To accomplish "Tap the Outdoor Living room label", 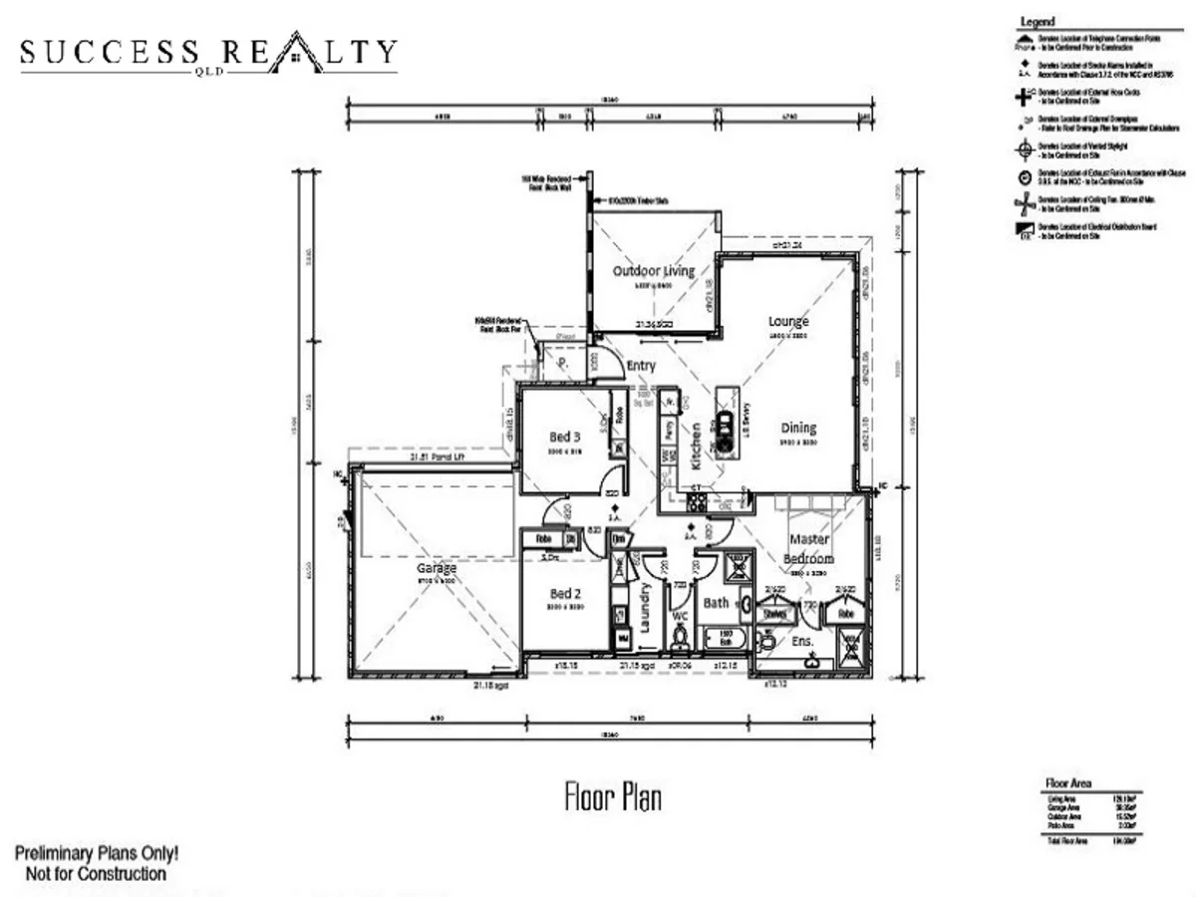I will click(x=654, y=271).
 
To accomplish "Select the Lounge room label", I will click(x=788, y=322).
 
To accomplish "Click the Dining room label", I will click(x=798, y=428).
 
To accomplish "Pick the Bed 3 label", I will click(x=566, y=437).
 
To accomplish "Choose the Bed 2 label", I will click(x=566, y=593).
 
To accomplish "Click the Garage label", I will click(x=437, y=568).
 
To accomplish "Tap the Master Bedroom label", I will click(x=809, y=549).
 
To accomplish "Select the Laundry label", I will click(x=644, y=608).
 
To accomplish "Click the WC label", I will click(x=681, y=631).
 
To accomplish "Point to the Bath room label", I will click(x=716, y=603).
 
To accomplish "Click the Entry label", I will click(x=641, y=366).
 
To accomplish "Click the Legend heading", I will click(x=1037, y=22).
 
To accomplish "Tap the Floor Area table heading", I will click(x=1067, y=783).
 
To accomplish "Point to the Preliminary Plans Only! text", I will click(x=97, y=854).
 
